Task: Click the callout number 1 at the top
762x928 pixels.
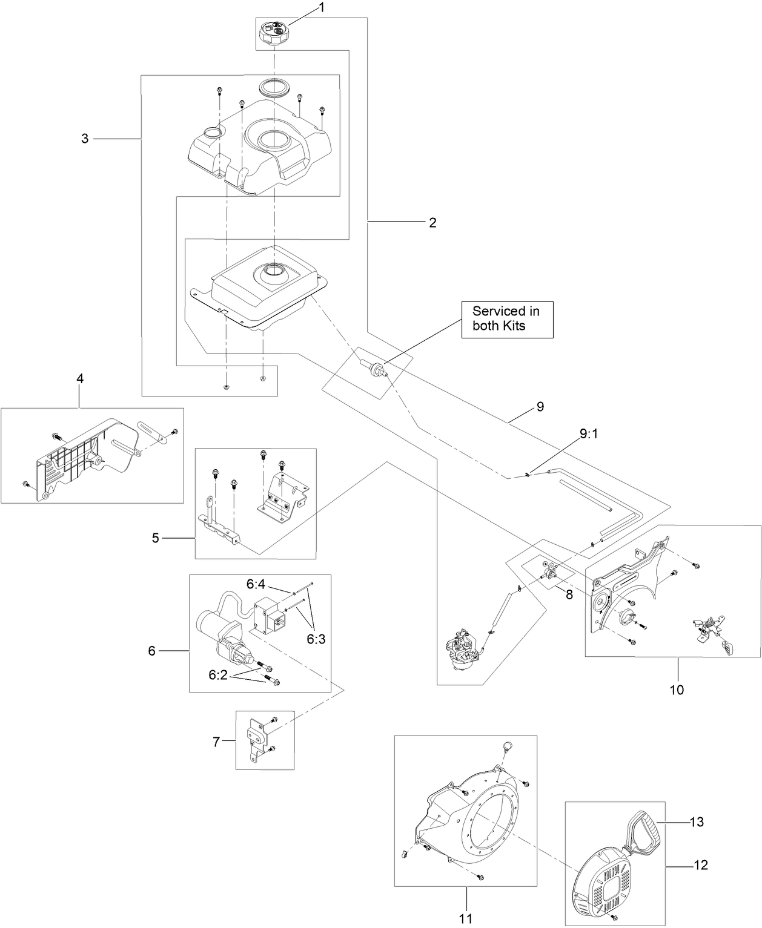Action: coord(322,8)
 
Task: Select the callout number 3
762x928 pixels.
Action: coord(85,139)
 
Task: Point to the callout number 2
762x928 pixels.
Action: coord(432,223)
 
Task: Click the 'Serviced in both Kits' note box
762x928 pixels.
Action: coord(506,318)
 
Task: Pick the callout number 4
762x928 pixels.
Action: coord(80,378)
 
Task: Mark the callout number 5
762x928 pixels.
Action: coord(156,538)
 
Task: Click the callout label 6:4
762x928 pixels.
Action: coord(256,584)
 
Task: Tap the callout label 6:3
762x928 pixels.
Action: coord(316,639)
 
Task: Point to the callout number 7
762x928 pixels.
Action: coord(216,740)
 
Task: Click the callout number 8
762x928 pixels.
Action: coord(569,595)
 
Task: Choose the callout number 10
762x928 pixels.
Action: coord(677,689)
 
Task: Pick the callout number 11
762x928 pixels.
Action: coord(465,918)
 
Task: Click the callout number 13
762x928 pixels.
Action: coord(697,822)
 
